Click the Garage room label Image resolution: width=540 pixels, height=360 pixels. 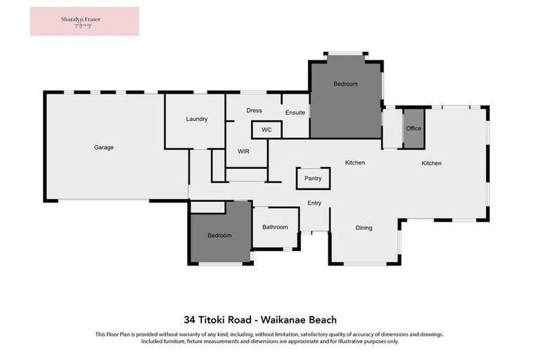tap(104, 148)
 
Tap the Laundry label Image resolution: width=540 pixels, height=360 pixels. tap(197, 119)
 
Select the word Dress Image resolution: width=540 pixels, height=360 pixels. tap(254, 110)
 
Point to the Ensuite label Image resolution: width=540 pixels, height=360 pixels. tap(295, 112)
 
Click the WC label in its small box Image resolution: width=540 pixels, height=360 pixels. tap(266, 130)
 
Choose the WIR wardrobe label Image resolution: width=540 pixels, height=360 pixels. tap(244, 151)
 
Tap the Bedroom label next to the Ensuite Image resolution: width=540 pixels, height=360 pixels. tap(345, 84)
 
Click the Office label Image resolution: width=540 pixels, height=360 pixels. tap(413, 129)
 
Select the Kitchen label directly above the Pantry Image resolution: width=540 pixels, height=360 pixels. tap(355, 163)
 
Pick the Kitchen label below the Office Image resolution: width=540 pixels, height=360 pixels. tap(432, 163)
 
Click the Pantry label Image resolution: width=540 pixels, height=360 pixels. tap(313, 179)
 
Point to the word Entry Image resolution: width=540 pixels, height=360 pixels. tap(314, 203)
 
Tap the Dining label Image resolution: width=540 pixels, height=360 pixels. tap(364, 228)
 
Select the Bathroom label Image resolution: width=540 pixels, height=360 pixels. tap(275, 227)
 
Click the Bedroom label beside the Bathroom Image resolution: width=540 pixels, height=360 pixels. tap(219, 236)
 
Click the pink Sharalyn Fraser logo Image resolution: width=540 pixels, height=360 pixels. tap(84, 21)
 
